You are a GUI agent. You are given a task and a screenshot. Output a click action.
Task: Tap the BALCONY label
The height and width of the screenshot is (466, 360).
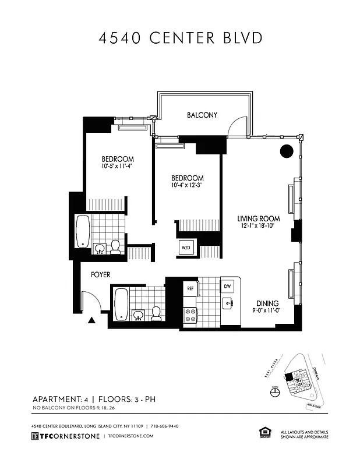202,115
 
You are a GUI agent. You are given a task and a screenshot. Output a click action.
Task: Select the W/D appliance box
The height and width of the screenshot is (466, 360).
186,248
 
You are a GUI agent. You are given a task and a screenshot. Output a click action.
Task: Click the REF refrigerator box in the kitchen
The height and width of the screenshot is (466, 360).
190,288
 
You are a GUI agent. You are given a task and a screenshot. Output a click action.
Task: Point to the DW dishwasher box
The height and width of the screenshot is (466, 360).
227,287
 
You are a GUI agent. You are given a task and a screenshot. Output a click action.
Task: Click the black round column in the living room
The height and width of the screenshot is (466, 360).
287,151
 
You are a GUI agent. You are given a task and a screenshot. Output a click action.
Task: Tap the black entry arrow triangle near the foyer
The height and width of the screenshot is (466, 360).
91,320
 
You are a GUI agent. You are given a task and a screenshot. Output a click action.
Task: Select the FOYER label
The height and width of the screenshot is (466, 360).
100,274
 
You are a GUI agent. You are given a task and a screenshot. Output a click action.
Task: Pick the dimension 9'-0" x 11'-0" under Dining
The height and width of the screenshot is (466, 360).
266,311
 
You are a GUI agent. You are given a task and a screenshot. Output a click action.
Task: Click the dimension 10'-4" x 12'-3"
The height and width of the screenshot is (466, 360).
187,185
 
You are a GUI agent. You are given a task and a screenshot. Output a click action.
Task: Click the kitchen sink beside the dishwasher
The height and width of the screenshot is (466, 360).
227,303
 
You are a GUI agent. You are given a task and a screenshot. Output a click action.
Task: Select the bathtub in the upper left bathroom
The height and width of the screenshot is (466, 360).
83,231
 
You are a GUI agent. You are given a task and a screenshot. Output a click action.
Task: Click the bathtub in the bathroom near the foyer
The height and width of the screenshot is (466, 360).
121,303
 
